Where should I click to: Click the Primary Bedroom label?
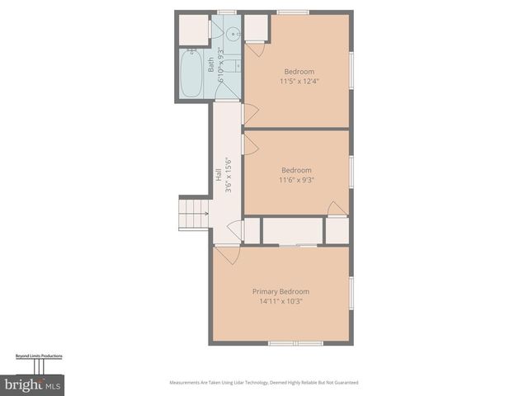[280, 291]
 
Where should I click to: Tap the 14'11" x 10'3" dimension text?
[280, 301]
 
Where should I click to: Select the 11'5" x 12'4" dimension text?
[299, 81]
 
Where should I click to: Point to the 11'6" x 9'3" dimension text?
[296, 179]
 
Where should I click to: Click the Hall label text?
[218, 175]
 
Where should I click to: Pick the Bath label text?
[211, 64]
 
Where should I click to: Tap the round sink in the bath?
[232, 35]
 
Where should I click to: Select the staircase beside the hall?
[194, 213]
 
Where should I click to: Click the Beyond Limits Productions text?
[39, 356]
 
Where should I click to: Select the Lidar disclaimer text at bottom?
[264, 382]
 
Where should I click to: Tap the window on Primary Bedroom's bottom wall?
[295, 342]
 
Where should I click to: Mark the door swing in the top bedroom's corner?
[256, 48]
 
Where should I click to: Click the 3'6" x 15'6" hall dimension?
[227, 177]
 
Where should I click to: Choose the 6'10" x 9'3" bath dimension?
[220, 62]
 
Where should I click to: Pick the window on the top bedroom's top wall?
[293, 12]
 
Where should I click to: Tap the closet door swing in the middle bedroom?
[337, 208]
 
